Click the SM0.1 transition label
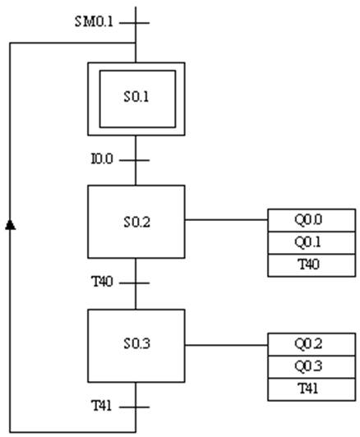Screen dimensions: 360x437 point(94,21)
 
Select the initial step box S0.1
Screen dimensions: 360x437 point(136,99)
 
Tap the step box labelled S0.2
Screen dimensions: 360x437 point(136,222)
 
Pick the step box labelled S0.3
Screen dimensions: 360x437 point(136,346)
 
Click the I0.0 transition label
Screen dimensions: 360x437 point(102,159)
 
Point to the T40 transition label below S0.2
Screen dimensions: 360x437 point(102,282)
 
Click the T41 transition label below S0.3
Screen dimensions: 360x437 point(101,406)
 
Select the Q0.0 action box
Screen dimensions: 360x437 point(312,220)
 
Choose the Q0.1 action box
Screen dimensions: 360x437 point(312,243)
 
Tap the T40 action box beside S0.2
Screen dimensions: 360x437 point(312,265)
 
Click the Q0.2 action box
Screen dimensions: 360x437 point(312,344)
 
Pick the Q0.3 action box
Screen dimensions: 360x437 point(312,367)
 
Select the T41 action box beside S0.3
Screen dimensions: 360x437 point(312,389)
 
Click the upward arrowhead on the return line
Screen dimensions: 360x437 point(11,225)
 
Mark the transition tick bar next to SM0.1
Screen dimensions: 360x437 point(135,23)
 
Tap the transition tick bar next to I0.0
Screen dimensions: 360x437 point(135,160)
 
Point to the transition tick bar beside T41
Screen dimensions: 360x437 point(135,407)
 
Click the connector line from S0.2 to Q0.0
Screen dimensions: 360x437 point(226,219)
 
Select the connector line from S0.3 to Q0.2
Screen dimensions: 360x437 point(226,345)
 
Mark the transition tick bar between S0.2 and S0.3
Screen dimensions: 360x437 point(135,283)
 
